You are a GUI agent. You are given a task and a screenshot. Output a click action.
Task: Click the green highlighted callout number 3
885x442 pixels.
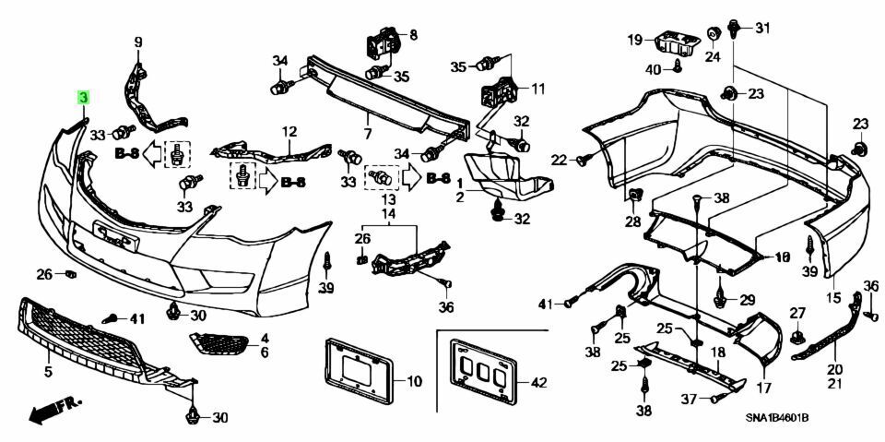tap(83, 97)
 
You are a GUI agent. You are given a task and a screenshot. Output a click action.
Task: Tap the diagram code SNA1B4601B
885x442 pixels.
tap(777, 418)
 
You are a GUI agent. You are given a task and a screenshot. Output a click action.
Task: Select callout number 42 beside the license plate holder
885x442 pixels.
tap(537, 381)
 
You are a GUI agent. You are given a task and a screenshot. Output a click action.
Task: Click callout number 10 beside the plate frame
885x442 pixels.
tap(414, 380)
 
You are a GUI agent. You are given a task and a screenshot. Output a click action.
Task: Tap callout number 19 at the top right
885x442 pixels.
tap(635, 40)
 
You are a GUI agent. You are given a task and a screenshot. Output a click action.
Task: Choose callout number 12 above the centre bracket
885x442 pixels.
tap(289, 131)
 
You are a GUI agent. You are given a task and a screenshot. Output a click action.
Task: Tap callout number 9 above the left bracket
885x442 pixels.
tap(139, 42)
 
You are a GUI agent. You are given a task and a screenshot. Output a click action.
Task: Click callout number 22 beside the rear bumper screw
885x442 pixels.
tap(559, 161)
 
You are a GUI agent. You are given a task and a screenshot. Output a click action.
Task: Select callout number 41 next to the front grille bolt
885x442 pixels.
tap(138, 318)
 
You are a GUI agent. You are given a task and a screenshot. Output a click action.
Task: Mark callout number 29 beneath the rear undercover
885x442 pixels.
tap(747, 299)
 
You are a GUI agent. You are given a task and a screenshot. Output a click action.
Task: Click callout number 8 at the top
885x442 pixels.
tap(411, 35)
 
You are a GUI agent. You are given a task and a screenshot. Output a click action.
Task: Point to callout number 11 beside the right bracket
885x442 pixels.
tap(537, 90)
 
